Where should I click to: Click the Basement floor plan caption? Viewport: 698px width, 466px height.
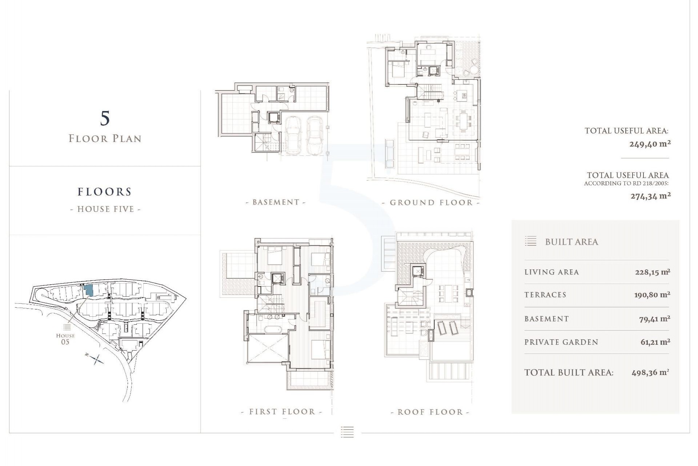click(x=276, y=202)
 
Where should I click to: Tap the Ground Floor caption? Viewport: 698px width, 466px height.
click(x=431, y=202)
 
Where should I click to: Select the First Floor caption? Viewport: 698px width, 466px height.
click(x=282, y=412)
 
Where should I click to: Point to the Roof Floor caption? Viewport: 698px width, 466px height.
click(x=430, y=412)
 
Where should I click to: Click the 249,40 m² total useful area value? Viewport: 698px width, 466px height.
click(x=650, y=144)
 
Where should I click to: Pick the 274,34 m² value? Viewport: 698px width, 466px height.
click(x=650, y=196)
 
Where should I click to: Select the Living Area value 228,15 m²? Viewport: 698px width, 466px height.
click(x=652, y=272)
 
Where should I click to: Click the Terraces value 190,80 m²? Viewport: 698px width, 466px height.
click(x=652, y=295)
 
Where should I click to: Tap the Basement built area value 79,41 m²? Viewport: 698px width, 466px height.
click(x=654, y=319)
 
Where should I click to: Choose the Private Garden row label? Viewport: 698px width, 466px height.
click(x=561, y=342)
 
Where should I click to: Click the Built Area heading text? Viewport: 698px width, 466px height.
click(x=571, y=242)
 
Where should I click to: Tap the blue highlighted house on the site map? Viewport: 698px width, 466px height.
click(x=88, y=291)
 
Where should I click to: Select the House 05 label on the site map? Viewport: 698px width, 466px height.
click(x=65, y=339)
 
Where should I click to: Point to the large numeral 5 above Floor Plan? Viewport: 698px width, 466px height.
click(x=105, y=118)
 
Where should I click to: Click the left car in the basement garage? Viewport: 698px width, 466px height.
click(x=293, y=135)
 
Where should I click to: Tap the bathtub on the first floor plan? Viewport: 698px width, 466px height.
click(x=270, y=330)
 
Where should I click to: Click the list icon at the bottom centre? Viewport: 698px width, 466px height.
click(x=347, y=432)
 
